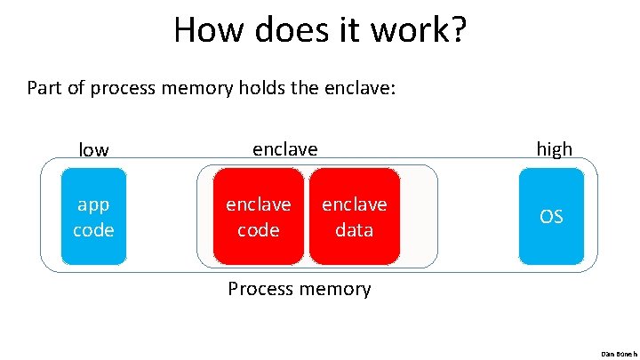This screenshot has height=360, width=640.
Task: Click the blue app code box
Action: coord(93,217)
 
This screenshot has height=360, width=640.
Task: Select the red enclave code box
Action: coord(258,217)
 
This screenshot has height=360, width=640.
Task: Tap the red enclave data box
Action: coord(355,217)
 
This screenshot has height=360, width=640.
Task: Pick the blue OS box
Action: coord(551,217)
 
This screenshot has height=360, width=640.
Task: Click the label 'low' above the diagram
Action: coord(93,150)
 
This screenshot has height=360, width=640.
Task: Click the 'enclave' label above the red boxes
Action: coord(284,148)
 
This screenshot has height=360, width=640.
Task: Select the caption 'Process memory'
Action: coord(300,289)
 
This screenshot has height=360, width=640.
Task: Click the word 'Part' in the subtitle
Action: coord(45,88)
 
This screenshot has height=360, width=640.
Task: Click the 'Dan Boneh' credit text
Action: coord(619,353)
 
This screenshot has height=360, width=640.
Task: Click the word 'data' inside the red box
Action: coord(355,230)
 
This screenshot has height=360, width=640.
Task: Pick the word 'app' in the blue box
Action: coord(93,205)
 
